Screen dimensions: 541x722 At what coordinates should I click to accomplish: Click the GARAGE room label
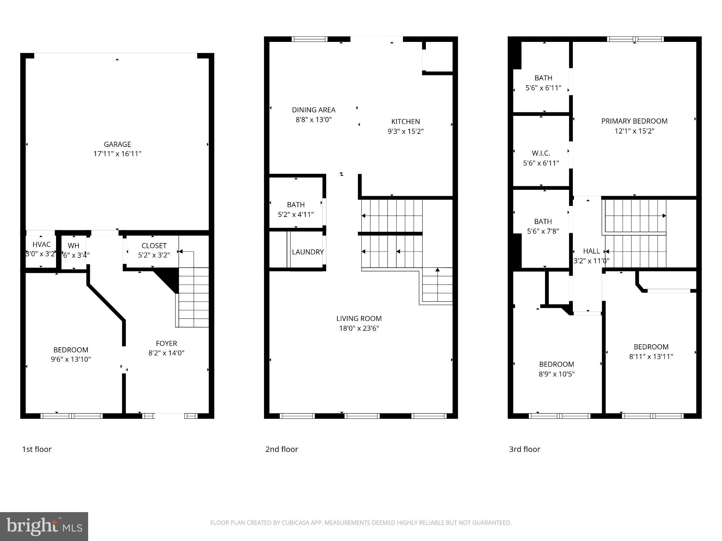pyautogui.click(x=117, y=144)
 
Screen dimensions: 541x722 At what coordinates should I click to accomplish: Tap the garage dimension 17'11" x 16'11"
pyautogui.click(x=117, y=154)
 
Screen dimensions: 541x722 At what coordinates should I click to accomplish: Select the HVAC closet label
pyautogui.click(x=41, y=244)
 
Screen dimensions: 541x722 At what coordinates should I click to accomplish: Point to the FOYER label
pyautogui.click(x=166, y=343)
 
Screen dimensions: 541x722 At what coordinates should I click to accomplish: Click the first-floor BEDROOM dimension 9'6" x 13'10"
pyautogui.click(x=71, y=359)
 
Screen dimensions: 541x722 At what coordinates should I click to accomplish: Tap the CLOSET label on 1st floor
pyautogui.click(x=154, y=245)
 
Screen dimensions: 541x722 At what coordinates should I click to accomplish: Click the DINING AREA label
pyautogui.click(x=313, y=110)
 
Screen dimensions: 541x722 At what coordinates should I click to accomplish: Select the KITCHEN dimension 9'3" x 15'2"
pyautogui.click(x=405, y=131)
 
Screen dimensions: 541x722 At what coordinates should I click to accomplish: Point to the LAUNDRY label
pyautogui.click(x=307, y=252)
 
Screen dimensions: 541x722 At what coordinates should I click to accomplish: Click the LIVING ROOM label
pyautogui.click(x=359, y=318)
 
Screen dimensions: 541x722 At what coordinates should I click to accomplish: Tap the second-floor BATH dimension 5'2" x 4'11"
pyautogui.click(x=296, y=214)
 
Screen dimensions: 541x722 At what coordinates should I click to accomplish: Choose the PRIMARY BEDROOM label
pyautogui.click(x=634, y=121)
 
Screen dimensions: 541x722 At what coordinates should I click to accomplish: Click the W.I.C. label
pyautogui.click(x=541, y=153)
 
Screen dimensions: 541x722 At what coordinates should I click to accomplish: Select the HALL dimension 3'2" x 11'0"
pyautogui.click(x=591, y=261)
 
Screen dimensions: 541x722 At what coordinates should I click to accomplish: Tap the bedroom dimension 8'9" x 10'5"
pyautogui.click(x=556, y=374)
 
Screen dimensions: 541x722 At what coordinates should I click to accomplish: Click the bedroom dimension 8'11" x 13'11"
pyautogui.click(x=651, y=356)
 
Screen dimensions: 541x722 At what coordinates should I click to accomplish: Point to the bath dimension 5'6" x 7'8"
pyautogui.click(x=543, y=231)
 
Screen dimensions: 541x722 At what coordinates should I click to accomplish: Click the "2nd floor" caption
pyautogui.click(x=282, y=449)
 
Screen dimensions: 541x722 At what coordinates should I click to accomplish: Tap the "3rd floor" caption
pyautogui.click(x=524, y=449)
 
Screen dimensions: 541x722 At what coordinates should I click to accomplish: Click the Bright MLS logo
pyautogui.click(x=44, y=527)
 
